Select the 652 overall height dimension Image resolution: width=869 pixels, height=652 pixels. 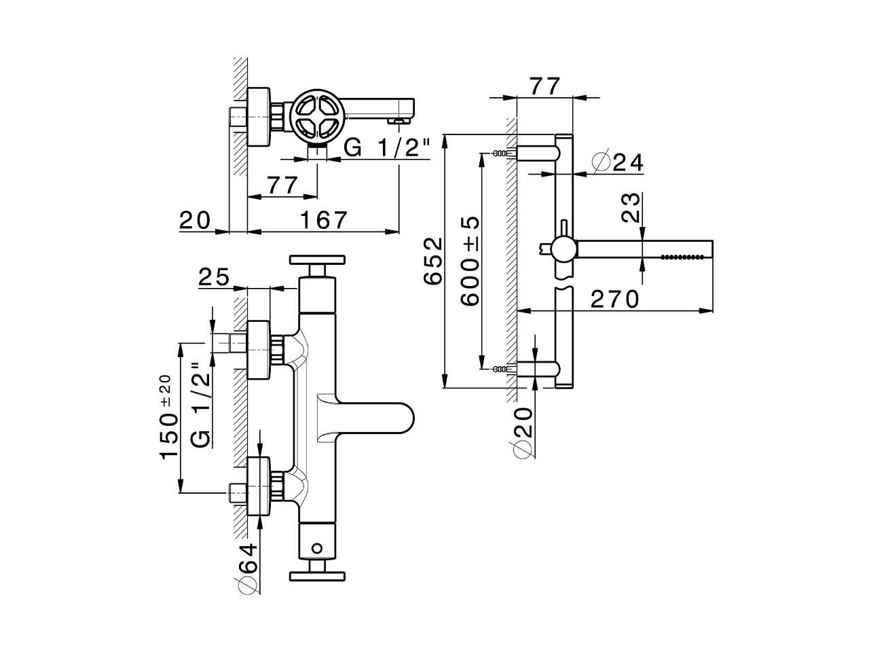432,261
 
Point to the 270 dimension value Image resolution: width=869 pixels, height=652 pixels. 614,299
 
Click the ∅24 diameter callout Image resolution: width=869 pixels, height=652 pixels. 617,163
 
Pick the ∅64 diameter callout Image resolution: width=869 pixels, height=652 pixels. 248,569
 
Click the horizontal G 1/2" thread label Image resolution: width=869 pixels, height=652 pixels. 388,147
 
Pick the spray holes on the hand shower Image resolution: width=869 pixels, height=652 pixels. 683,257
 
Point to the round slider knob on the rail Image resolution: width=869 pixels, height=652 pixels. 563,249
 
